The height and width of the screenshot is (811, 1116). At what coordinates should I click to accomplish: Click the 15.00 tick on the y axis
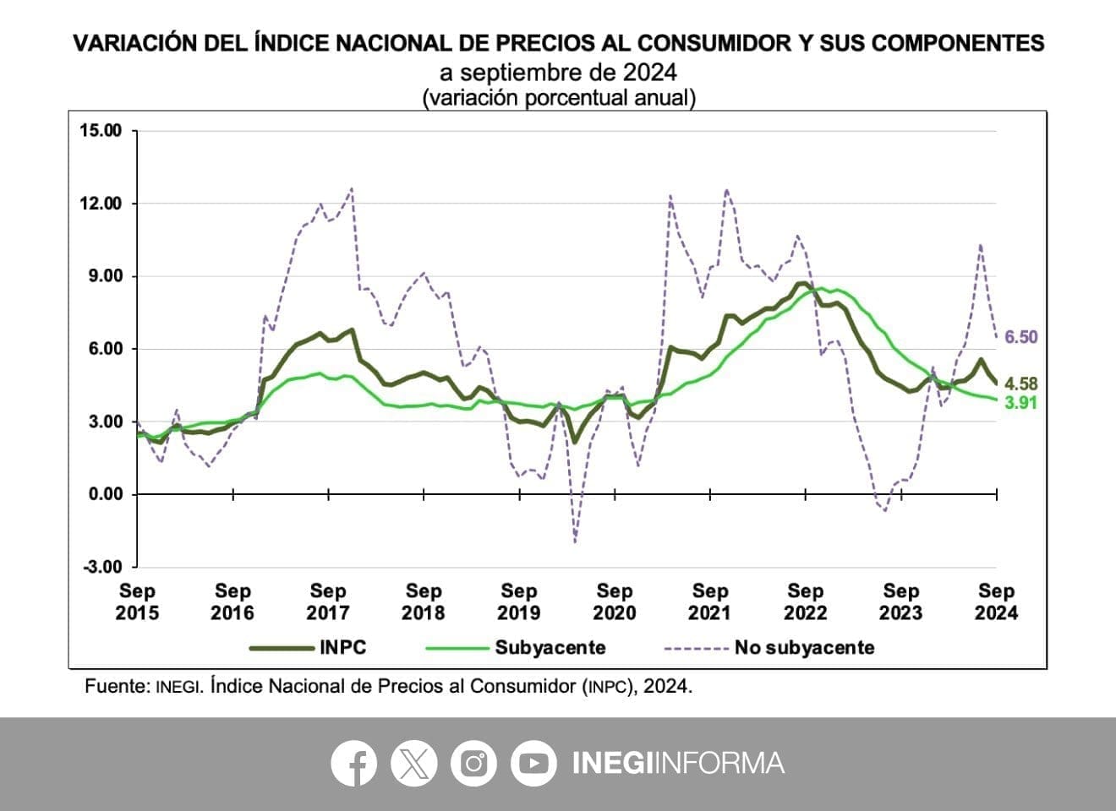click(101, 130)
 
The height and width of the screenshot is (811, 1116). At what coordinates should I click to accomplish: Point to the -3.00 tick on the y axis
click(102, 567)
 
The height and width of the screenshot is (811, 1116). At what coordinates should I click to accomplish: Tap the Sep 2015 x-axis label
click(137, 601)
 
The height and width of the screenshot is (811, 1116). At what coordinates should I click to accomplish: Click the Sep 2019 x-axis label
click(518, 601)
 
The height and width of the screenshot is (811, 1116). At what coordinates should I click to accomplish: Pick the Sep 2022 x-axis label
click(805, 601)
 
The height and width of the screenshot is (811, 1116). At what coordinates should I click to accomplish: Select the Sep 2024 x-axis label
click(996, 601)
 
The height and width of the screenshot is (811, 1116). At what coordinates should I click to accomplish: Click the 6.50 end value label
click(1020, 337)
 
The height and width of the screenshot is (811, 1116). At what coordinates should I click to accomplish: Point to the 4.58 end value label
click(1020, 384)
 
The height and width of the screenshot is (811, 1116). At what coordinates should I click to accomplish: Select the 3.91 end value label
click(1020, 403)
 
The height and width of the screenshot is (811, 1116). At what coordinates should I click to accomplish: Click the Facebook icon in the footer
click(353, 764)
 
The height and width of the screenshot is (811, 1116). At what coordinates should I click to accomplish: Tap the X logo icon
click(413, 764)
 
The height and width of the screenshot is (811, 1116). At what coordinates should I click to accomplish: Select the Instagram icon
click(473, 764)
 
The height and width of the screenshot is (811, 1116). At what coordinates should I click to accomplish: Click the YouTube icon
click(533, 764)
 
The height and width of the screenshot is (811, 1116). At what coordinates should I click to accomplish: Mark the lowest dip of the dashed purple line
click(575, 542)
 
